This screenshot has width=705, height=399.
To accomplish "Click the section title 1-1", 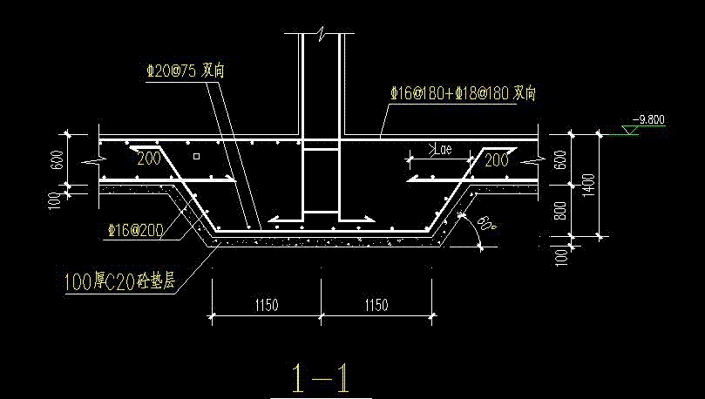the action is pos(321,379).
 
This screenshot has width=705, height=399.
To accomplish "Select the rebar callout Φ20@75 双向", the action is pos(186,71).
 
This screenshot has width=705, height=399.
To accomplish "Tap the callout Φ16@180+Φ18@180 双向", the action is pos(463,93).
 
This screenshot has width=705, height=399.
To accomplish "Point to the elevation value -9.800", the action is pos(648,119).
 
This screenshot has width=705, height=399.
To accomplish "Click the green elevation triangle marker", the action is pos(630,130).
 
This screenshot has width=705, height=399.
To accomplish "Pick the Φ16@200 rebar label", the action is pos(136,230).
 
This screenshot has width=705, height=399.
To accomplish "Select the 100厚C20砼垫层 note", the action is pos(119,281).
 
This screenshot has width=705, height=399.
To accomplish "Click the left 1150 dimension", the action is pos(267,305).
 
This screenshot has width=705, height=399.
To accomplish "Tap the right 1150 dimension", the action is pos(376,305).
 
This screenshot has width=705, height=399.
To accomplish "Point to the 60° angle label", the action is pos(486,224).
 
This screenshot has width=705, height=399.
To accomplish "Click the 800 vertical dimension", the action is pos(560,210).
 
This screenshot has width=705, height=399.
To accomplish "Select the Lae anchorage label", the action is pos(441,149).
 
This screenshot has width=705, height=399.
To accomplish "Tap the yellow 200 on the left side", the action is pos(149,159).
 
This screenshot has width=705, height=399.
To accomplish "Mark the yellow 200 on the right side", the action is pos(497,160).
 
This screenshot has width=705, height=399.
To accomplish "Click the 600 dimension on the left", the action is pos(57,160).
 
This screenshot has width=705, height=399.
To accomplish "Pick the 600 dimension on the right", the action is pos(560,160).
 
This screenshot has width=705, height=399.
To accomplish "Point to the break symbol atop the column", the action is pos(321,33).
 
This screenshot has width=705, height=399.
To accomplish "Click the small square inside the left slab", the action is pos(196,156).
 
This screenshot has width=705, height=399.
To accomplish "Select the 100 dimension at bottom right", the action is pos(561,258).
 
